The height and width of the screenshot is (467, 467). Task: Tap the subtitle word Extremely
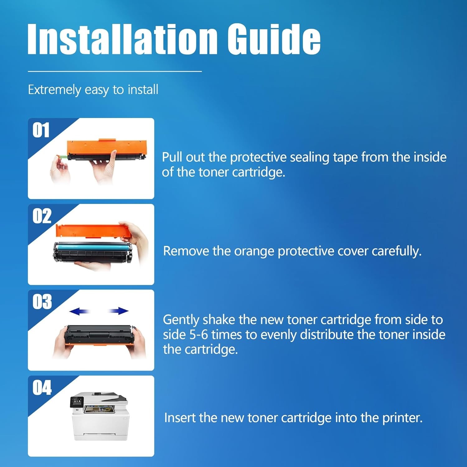54,90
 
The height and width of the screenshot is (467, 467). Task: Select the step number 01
41,130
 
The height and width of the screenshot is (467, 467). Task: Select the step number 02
42,216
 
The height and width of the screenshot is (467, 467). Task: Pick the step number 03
42,302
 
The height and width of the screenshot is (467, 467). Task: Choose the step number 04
42,388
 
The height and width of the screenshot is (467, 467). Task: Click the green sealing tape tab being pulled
63,157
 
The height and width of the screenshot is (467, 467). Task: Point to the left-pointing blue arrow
79,311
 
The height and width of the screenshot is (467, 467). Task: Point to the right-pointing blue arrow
119,311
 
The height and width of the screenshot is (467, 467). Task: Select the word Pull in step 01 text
172,157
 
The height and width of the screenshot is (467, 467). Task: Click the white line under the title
115,71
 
